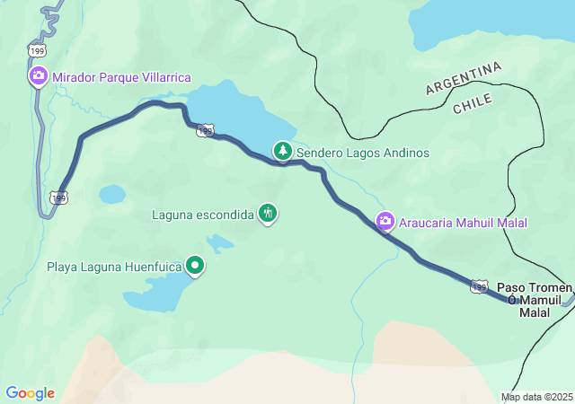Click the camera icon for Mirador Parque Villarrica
click(x=39, y=76)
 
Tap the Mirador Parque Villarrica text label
click(x=121, y=77)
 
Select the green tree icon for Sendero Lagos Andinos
click(x=283, y=152)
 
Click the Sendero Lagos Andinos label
click(x=362, y=153)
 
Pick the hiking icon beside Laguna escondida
click(x=267, y=214)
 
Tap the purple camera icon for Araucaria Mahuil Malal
click(x=385, y=221)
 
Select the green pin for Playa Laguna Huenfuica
click(x=195, y=265)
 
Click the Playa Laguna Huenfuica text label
click(x=115, y=267)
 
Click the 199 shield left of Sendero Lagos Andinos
click(x=206, y=131)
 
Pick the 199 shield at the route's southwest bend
click(x=59, y=197)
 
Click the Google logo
click(x=30, y=393)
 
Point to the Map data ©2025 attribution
click(x=535, y=397)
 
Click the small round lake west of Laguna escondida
click(x=112, y=193)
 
